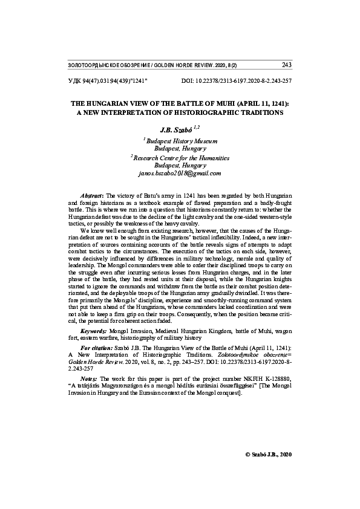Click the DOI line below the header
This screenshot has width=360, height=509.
[x=237, y=80]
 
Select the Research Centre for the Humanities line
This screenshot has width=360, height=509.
[x=180, y=157]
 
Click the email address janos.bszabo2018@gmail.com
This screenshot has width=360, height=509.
[x=180, y=173]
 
